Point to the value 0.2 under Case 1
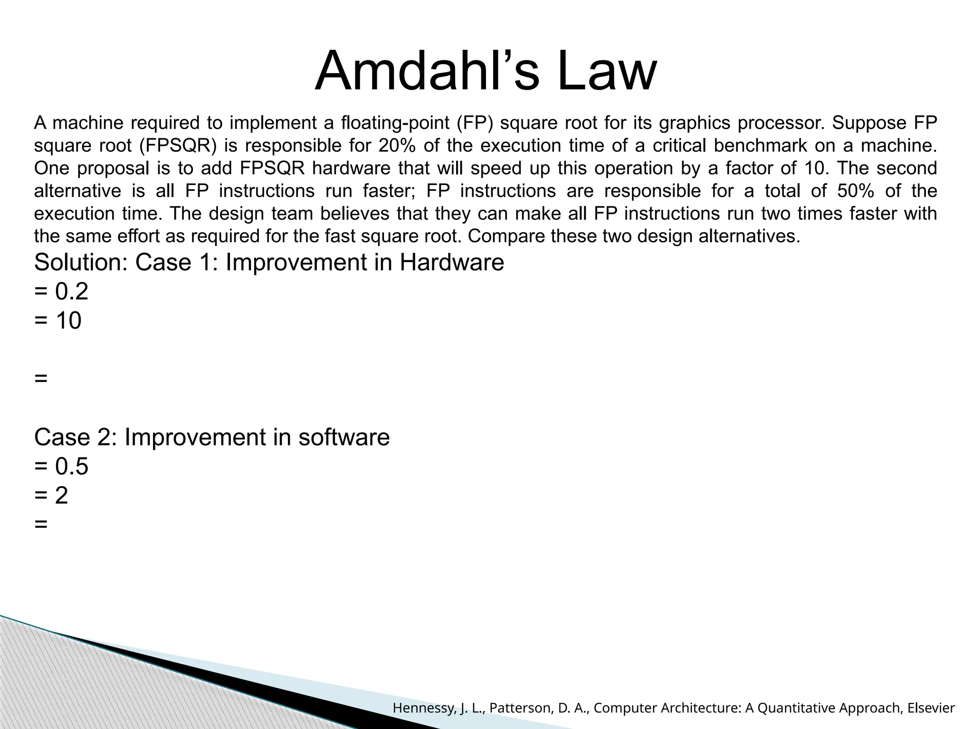(72, 291)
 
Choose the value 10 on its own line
(68, 321)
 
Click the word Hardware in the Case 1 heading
(451, 262)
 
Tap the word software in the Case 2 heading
(344, 437)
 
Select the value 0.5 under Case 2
(72, 467)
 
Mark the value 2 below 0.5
(62, 496)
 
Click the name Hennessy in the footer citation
(425, 709)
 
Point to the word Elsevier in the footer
(931, 709)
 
